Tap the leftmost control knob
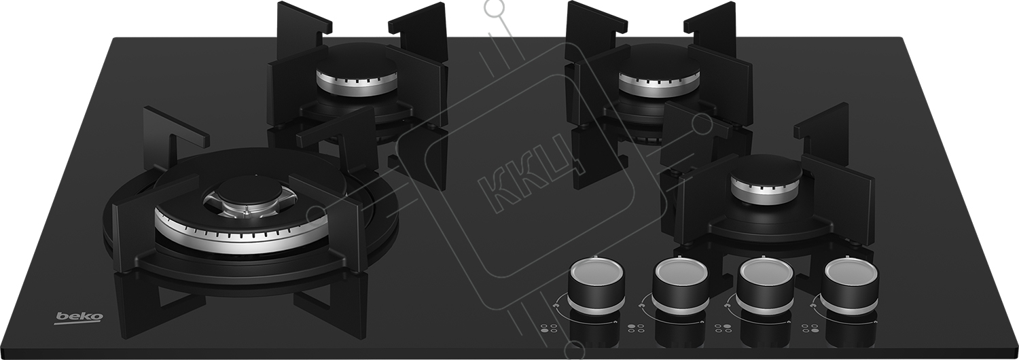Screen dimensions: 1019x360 tap(596, 285)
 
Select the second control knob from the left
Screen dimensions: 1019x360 tap(680, 285)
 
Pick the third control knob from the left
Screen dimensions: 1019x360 tap(765, 285)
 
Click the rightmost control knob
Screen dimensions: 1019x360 tap(850, 285)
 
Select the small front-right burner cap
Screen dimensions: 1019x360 tap(766, 175)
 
